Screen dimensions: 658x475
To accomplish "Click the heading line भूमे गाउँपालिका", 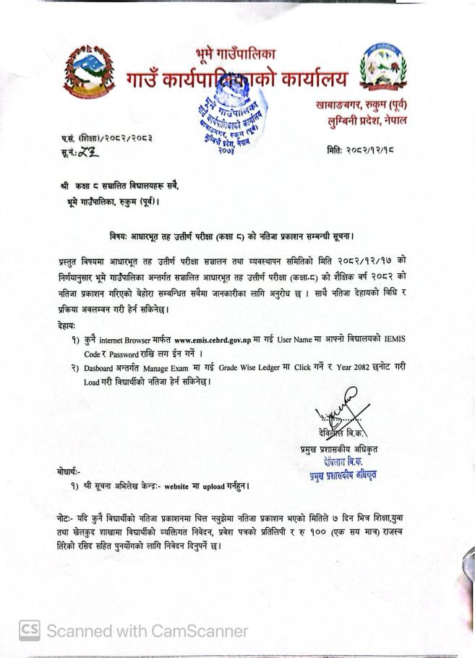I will pos(236,53).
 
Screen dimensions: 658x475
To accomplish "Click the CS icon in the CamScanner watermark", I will pos(29,631).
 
